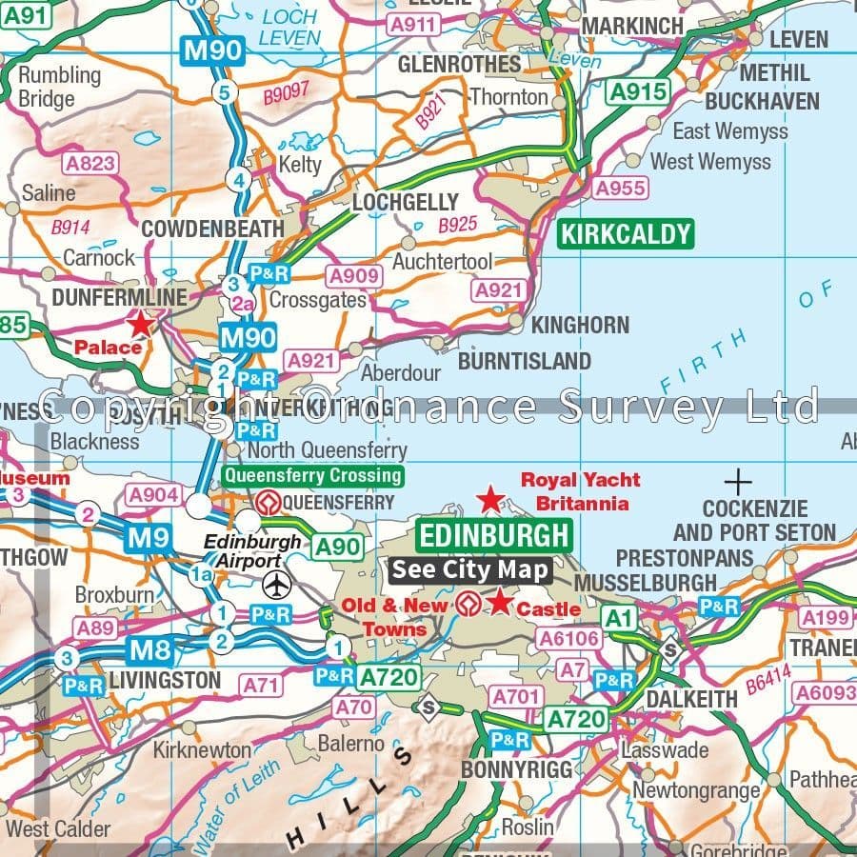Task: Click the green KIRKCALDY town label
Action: tap(625, 234)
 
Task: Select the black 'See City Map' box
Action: tap(471, 570)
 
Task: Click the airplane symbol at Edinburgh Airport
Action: tap(277, 583)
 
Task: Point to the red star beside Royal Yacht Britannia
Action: tap(489, 498)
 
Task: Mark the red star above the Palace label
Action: tap(140, 324)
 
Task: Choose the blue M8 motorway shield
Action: tap(151, 651)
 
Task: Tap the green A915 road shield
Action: tap(638, 92)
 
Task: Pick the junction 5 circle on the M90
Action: tap(225, 92)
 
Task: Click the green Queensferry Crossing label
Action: tap(312, 475)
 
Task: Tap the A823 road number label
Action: tap(90, 163)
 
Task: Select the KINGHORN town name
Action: tap(580, 325)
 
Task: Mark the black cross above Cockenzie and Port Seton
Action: tap(738, 481)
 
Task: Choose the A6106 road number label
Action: tap(568, 639)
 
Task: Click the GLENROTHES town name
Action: tap(459, 65)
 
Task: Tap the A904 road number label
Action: tap(153, 494)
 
